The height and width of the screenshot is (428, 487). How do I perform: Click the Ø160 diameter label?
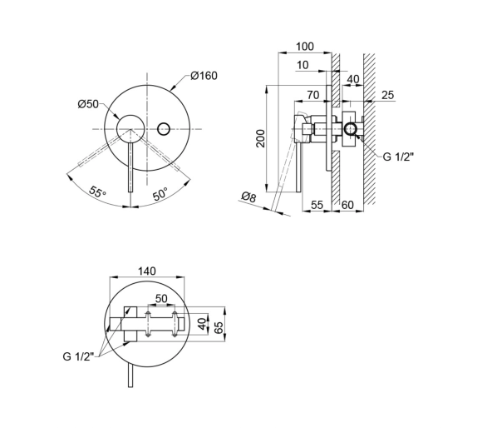(204, 76)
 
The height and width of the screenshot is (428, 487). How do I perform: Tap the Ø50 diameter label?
(88, 104)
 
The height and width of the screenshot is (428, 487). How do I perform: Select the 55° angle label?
(97, 192)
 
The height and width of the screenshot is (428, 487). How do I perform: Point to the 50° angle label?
(160, 194)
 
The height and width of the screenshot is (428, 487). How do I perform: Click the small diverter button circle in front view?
(164, 128)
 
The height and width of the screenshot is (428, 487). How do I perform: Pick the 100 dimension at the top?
(305, 47)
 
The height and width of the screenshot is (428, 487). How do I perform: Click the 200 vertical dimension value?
(261, 138)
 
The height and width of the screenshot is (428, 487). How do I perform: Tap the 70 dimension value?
(313, 95)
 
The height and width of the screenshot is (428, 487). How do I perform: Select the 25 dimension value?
(387, 95)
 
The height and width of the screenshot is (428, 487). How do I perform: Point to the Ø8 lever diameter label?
(248, 197)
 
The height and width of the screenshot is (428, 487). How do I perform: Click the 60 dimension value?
(347, 205)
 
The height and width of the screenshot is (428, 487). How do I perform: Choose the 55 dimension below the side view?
(317, 205)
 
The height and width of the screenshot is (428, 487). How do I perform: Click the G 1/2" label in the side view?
(398, 157)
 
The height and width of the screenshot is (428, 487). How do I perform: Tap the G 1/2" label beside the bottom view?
(78, 356)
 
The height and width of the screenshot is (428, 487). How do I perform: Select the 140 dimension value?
(147, 271)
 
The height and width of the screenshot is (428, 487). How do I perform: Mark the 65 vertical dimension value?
(219, 328)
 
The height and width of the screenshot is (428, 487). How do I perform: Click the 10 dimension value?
(303, 65)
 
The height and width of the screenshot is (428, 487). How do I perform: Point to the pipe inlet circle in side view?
(351, 129)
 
